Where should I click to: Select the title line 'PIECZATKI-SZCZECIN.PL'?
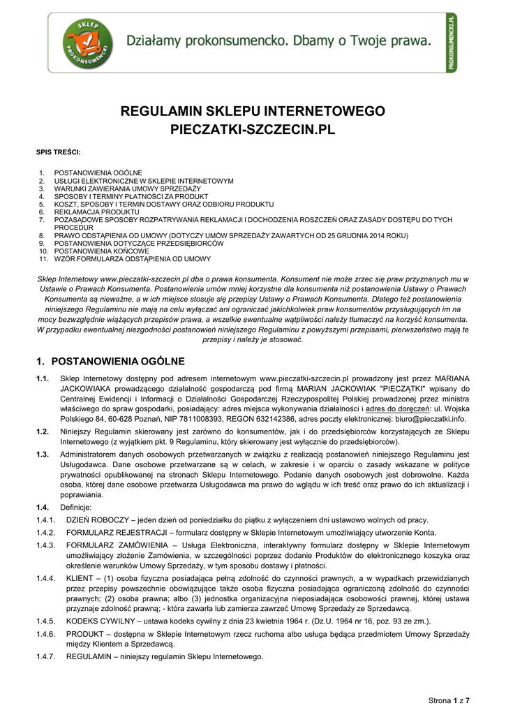(253, 130)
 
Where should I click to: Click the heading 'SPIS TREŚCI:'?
(58, 152)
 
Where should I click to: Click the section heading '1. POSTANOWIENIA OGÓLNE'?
(110, 361)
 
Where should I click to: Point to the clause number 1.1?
(43, 379)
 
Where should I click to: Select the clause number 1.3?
(43, 455)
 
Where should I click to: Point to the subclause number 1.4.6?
(46, 633)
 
